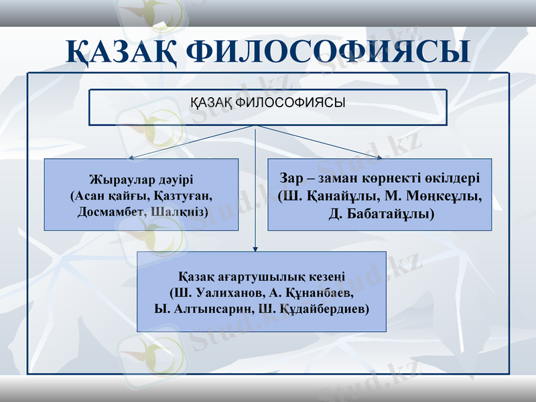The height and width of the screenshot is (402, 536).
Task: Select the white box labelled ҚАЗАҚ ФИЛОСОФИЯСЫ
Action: pyautogui.click(x=268, y=108)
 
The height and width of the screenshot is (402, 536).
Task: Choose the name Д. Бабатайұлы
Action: pyautogui.click(x=381, y=215)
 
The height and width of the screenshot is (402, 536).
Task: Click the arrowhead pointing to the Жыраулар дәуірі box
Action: pyautogui.click(x=133, y=157)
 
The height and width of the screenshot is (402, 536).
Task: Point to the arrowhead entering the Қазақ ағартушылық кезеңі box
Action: pyautogui.click(x=255, y=249)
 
